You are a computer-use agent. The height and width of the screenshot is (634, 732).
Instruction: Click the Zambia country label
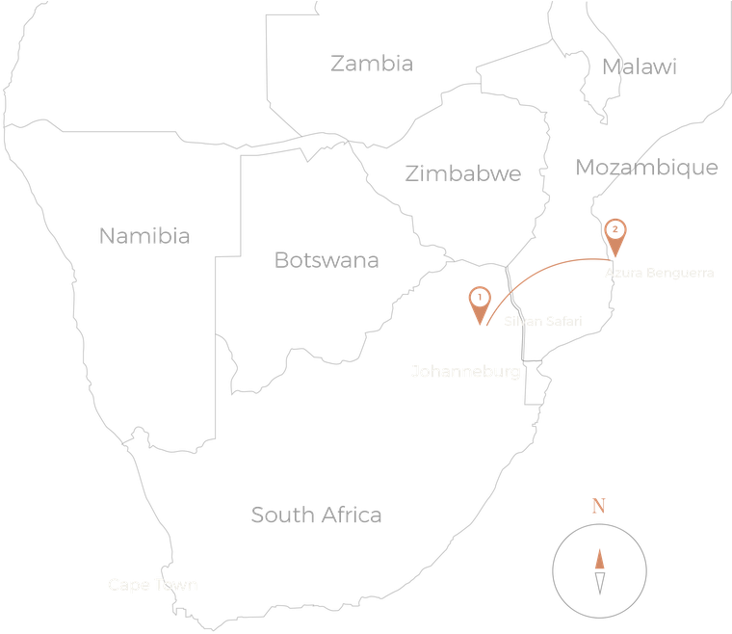pos(371,65)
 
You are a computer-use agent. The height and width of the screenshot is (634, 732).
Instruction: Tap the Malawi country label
pos(639,66)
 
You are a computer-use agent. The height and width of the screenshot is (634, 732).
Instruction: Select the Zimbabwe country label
pos(462,173)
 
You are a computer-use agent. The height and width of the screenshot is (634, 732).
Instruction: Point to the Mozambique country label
pos(646,168)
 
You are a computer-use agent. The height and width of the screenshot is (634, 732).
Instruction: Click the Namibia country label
pos(144,236)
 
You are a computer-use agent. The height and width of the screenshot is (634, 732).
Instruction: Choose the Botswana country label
pos(327,260)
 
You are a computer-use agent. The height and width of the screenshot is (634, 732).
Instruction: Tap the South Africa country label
pos(316,515)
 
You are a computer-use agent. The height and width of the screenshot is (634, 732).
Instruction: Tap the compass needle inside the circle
pos(599,570)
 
